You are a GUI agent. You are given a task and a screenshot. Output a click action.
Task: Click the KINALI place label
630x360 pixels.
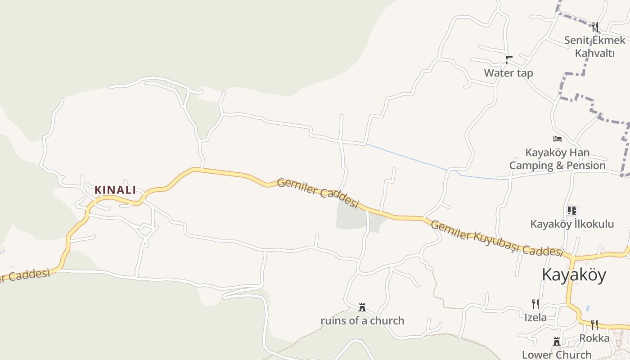(x=115, y=190)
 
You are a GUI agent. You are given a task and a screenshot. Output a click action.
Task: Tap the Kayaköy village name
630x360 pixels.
(x=574, y=274)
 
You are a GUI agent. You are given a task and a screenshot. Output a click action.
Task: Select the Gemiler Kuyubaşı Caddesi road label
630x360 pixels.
(x=497, y=238)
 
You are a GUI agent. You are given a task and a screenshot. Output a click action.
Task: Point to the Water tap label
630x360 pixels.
(x=508, y=73)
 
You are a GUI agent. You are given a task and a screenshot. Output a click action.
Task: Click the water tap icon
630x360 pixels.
(x=509, y=59)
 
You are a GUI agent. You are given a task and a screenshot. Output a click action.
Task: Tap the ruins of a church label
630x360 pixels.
(x=362, y=321)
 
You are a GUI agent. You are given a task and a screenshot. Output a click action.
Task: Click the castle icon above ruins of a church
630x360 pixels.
(x=362, y=308)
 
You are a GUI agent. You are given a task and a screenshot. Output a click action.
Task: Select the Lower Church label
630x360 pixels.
(x=557, y=355)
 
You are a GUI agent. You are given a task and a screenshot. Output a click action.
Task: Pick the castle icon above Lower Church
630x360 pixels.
(x=557, y=342)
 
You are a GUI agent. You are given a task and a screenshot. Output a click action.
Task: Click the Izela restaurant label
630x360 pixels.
(x=535, y=318)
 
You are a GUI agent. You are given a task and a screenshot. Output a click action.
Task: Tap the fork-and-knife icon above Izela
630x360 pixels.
(x=535, y=304)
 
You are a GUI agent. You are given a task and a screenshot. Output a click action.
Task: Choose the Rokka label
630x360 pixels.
(x=594, y=338)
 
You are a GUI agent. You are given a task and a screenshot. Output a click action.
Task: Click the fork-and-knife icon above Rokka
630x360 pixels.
(x=594, y=324)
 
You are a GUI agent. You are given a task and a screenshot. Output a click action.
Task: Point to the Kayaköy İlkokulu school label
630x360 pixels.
(x=572, y=224)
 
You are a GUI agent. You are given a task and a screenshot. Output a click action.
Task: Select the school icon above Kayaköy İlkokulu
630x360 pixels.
(x=572, y=210)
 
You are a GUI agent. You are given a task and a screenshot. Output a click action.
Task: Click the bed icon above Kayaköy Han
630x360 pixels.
(x=558, y=139)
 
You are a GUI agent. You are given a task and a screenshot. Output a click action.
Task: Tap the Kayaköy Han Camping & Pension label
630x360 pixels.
(x=558, y=159)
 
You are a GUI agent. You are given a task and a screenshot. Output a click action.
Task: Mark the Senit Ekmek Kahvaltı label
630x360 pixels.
(x=594, y=46)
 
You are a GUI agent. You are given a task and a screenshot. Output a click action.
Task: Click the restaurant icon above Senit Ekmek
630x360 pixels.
(x=595, y=27)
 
